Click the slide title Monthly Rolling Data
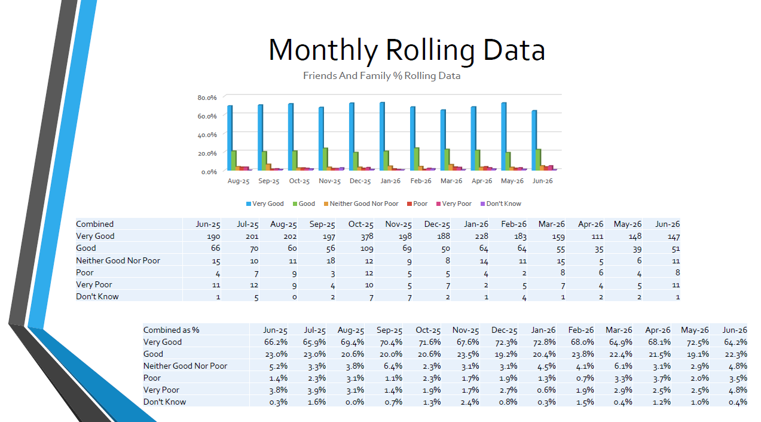407,50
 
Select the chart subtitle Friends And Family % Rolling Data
381,75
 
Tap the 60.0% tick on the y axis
207,116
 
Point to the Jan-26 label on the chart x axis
390,181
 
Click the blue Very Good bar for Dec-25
352,136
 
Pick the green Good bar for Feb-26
416,159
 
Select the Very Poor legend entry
454,204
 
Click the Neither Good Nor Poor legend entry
361,204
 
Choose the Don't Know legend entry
501,204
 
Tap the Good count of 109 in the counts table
367,248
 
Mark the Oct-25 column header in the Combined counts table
361,224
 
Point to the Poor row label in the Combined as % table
152,378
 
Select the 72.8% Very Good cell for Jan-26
545,342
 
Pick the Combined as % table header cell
171,330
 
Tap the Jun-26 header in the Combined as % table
735,330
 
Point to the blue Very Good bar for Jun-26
534,140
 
